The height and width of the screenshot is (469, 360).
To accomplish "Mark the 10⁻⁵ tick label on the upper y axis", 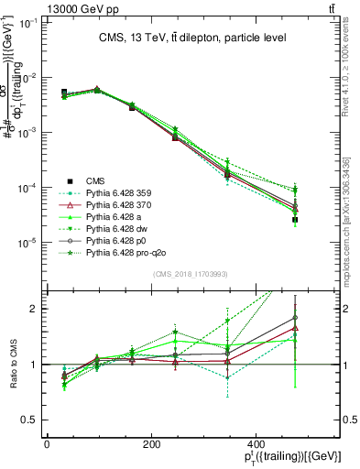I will (x=29, y=243).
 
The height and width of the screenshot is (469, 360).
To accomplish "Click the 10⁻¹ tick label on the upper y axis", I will (x=29, y=23).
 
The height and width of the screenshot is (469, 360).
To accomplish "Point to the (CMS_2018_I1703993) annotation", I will (x=192, y=275).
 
